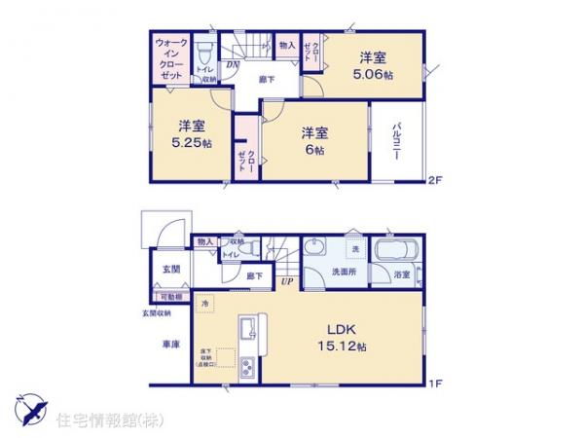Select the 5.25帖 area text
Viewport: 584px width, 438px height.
(190, 141)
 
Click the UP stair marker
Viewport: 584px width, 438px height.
(287, 282)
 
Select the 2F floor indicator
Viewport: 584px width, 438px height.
(435, 180)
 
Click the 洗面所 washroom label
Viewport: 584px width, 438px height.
(346, 274)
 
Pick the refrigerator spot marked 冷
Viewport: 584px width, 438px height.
(204, 305)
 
